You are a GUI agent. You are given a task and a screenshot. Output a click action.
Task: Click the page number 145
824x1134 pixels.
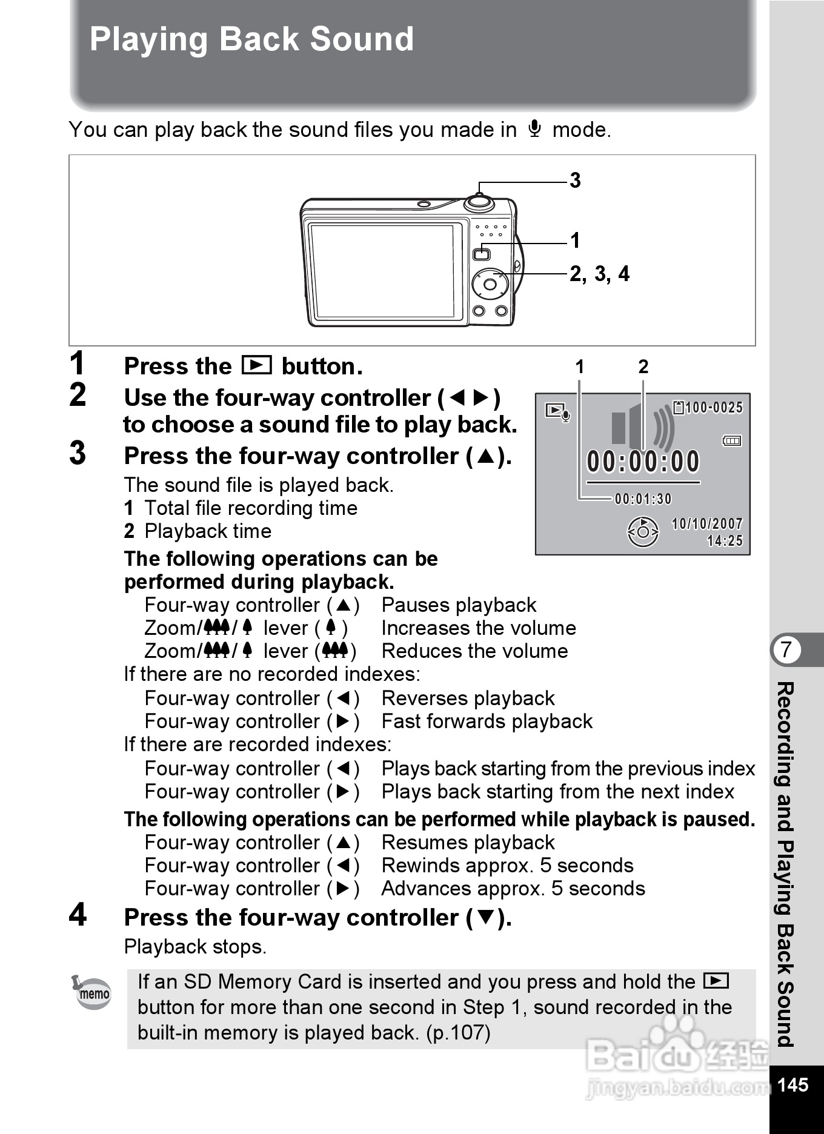click(x=792, y=1084)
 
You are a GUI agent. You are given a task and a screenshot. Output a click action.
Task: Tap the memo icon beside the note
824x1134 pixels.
click(x=92, y=992)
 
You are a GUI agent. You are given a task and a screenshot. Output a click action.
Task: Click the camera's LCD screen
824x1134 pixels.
click(x=382, y=271)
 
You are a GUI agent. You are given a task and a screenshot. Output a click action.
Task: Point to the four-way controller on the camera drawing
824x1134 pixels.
click(x=490, y=284)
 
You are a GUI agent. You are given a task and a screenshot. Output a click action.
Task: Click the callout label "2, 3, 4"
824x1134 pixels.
click(x=599, y=274)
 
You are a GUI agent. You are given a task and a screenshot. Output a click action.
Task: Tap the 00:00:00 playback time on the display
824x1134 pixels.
click(x=643, y=462)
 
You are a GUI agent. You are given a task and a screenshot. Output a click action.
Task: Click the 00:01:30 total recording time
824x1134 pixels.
click(x=643, y=499)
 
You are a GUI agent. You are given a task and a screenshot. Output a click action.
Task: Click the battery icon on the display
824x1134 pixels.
click(x=732, y=441)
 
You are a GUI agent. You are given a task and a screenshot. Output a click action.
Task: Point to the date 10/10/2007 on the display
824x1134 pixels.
click(x=707, y=524)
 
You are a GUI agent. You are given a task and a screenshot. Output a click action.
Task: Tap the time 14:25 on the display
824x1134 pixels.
click(x=725, y=541)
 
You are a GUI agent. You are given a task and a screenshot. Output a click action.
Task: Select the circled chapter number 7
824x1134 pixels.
click(x=786, y=649)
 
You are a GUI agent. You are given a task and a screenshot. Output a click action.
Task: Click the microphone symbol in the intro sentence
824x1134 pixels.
click(x=534, y=128)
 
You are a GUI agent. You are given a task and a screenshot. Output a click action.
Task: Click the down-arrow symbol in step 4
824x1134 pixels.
click(x=485, y=918)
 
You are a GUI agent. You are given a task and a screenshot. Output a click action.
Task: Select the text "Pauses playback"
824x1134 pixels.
click(x=459, y=605)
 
